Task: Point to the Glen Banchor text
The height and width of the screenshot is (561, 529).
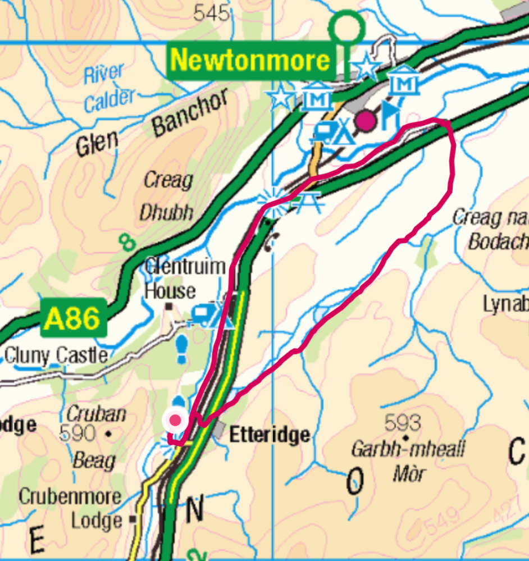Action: pos(152,123)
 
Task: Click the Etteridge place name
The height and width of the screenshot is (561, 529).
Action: pos(270,435)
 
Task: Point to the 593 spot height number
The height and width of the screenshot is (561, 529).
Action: pos(403,422)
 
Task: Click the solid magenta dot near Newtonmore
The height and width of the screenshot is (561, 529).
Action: pos(367,120)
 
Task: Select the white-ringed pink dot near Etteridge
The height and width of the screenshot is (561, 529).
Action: pos(176,420)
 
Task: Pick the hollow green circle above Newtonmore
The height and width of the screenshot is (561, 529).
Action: pos(346,26)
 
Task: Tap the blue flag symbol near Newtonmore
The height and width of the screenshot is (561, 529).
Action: pos(390,115)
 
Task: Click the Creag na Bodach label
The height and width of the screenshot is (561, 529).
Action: pos(490,229)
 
